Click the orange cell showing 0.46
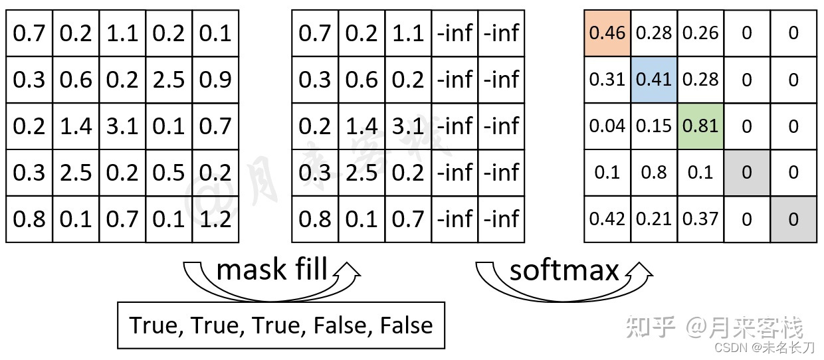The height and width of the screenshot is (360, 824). (x=607, y=33)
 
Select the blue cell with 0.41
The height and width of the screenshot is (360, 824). (x=654, y=79)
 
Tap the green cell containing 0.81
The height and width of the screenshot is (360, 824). (x=700, y=126)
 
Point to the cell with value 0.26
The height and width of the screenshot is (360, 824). (x=700, y=33)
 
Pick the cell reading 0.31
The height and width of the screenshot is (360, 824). (x=607, y=79)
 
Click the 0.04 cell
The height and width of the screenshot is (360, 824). (x=607, y=126)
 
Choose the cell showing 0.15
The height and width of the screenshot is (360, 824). (x=654, y=126)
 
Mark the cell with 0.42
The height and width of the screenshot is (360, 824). (x=607, y=219)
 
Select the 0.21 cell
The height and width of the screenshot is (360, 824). (x=654, y=219)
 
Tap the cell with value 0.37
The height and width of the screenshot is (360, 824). (x=700, y=219)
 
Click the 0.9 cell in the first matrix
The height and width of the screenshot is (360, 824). (x=215, y=79)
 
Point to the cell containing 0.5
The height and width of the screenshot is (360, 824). (x=169, y=172)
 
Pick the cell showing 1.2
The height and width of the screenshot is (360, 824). (x=215, y=219)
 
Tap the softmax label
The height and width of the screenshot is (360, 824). (x=564, y=270)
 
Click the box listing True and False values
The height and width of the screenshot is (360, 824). (x=280, y=325)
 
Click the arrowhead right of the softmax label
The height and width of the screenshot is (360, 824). (x=641, y=270)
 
